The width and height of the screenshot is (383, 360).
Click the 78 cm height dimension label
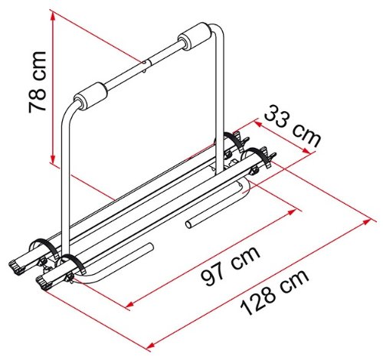coord(38,82)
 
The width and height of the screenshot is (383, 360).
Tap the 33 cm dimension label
coord(293,126)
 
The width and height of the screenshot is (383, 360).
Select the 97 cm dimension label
coord(231,266)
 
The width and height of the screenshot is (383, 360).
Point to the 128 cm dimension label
coord(274,292)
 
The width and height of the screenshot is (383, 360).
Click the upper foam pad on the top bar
coord(195,38)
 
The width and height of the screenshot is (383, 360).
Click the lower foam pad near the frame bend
coord(90,97)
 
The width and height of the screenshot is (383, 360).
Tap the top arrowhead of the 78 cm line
coord(53,16)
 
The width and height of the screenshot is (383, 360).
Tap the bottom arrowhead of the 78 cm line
coord(53,159)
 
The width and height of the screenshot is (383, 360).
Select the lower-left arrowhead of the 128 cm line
coord(151,345)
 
